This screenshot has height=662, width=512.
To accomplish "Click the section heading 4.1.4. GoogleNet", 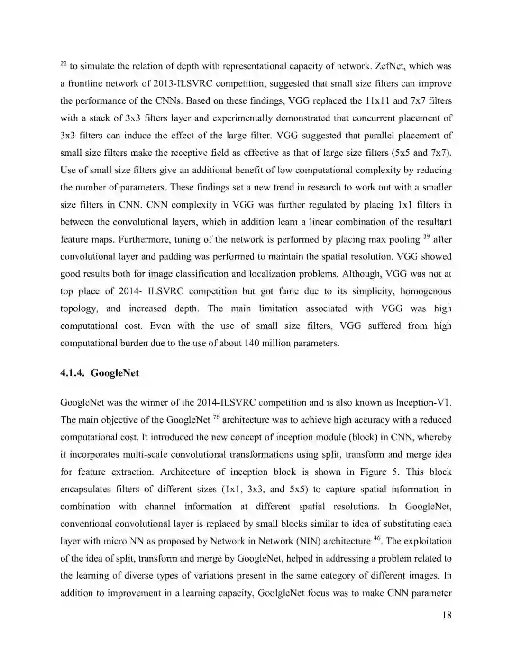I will pos(100,373).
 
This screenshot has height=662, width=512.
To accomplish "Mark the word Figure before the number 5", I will pos(373,472).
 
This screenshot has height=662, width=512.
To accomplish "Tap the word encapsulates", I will pos(85,489).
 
